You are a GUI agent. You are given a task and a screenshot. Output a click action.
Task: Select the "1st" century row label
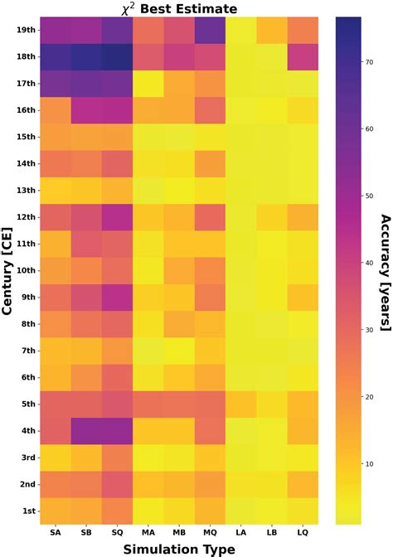pyautogui.click(x=24, y=511)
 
